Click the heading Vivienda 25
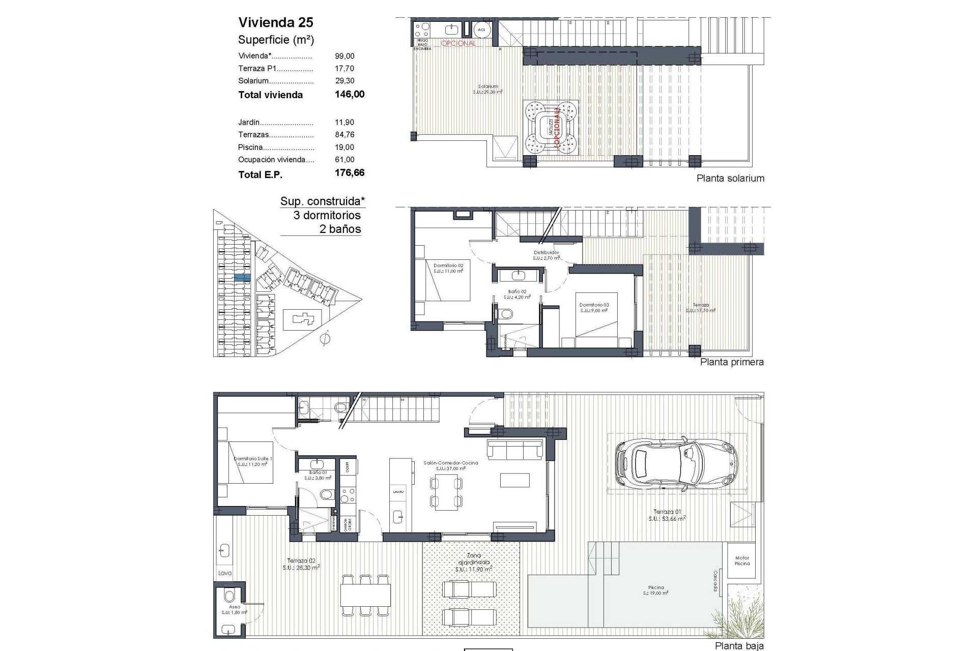point(276,22)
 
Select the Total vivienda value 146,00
point(350,94)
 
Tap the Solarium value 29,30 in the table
point(344,80)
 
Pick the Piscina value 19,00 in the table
point(344,147)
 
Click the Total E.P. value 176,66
point(350,172)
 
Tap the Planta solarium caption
point(730,178)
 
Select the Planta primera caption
point(732,362)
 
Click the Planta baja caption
point(739,646)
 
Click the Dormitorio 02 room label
point(448,265)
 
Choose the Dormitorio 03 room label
point(594,305)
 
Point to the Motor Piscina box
point(742,560)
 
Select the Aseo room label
point(234,607)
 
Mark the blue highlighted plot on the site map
point(242,278)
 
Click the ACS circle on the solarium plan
point(481,29)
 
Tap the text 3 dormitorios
point(327,215)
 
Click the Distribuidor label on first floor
point(546,252)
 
